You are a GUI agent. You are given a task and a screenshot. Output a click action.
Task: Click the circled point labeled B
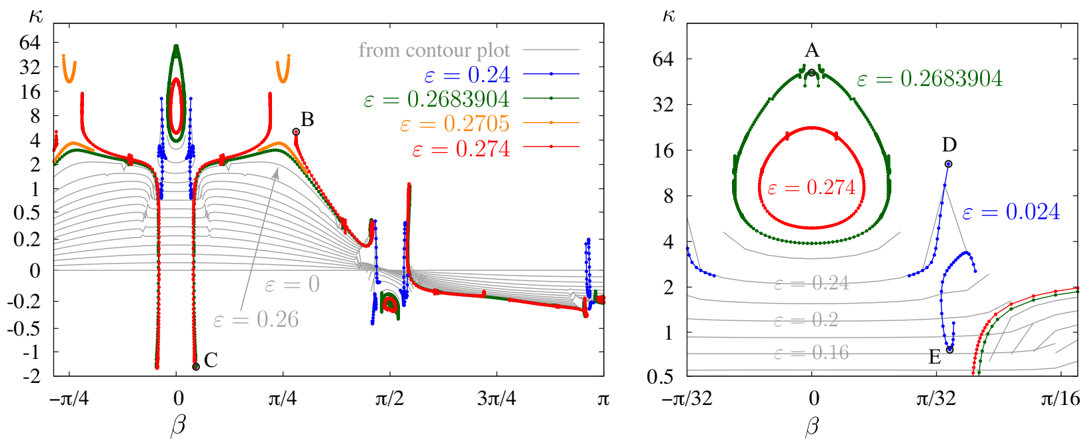click(296, 132)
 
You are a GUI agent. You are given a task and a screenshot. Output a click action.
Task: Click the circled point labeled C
click(196, 366)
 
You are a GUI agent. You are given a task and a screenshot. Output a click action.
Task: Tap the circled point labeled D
click(949, 164)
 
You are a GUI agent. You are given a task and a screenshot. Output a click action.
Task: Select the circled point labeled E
click(950, 350)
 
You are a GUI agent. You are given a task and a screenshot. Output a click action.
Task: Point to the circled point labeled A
click(811, 72)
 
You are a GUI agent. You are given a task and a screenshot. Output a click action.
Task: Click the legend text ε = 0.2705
click(455, 123)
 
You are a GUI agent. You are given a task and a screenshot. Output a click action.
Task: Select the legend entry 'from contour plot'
click(434, 50)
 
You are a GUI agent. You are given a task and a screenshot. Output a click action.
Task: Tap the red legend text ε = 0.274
click(461, 148)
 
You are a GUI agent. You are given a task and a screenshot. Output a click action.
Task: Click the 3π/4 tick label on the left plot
click(497, 399)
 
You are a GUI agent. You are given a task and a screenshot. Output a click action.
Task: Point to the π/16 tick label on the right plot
click(1060, 399)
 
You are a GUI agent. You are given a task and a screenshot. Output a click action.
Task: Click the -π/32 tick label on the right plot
click(687, 399)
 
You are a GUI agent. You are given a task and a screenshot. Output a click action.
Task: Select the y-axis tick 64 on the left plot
click(30, 43)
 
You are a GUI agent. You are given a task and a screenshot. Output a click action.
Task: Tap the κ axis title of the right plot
click(669, 15)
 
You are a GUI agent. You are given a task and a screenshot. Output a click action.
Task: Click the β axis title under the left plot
click(178, 426)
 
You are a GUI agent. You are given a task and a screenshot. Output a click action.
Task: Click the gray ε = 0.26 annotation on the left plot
click(255, 320)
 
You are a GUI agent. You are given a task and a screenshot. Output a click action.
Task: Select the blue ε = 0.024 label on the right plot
click(1011, 212)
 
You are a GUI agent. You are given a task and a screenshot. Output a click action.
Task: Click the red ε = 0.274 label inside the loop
click(811, 187)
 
